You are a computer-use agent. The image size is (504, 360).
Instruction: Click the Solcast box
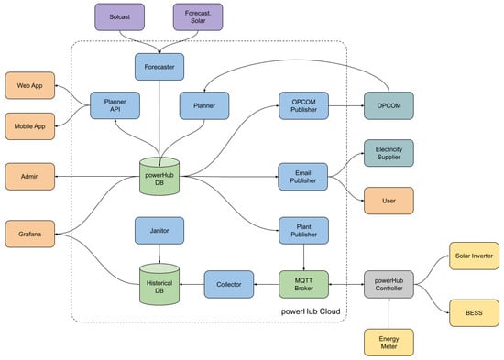click(x=119, y=17)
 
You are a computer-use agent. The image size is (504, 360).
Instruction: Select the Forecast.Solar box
click(x=198, y=17)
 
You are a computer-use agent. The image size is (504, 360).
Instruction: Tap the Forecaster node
click(x=159, y=67)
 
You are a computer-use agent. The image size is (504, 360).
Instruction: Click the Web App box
click(x=30, y=85)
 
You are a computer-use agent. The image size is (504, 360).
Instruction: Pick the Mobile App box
click(x=30, y=126)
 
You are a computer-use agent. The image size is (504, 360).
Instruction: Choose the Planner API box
click(x=115, y=105)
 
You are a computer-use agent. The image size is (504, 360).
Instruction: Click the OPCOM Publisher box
click(x=303, y=105)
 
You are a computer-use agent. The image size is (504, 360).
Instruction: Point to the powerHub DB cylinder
click(x=159, y=176)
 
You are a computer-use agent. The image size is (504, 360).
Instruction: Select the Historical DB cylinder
click(x=159, y=284)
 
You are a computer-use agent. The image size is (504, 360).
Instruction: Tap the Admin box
click(x=30, y=177)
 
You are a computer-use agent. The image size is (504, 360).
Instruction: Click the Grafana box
click(x=30, y=234)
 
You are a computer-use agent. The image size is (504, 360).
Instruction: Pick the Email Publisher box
click(x=303, y=177)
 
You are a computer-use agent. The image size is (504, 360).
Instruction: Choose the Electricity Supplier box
click(x=389, y=153)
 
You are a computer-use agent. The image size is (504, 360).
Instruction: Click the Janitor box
click(x=159, y=231)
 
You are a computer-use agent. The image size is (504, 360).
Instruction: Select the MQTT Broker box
click(x=303, y=285)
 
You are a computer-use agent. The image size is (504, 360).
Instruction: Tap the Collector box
click(x=229, y=285)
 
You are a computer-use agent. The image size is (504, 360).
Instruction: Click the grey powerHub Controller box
click(x=389, y=285)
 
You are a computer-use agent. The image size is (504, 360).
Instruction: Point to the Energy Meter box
click(x=389, y=343)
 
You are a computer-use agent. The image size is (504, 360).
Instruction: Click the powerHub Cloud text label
click(x=311, y=311)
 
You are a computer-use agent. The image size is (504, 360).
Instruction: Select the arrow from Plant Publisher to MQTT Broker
click(x=303, y=257)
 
